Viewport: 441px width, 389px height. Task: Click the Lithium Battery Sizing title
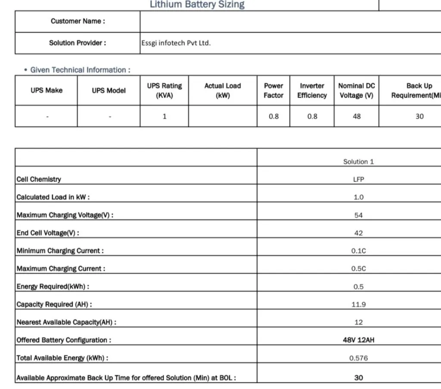pos(197,5)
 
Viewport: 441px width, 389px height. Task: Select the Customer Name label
pos(78,21)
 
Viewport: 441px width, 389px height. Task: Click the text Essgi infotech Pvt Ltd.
pos(176,43)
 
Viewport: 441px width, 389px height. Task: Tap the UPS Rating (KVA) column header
pos(164,90)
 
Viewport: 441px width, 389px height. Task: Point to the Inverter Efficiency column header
pos(312,90)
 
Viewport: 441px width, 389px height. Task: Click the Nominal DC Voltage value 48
pos(357,116)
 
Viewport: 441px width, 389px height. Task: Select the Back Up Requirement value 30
pos(419,116)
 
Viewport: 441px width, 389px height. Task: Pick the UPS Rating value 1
pos(164,116)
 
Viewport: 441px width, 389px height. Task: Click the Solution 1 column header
pos(358,162)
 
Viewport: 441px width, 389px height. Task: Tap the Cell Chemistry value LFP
pos(358,179)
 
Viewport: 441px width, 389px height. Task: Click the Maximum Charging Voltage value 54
pos(358,215)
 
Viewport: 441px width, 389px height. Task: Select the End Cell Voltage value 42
pos(358,233)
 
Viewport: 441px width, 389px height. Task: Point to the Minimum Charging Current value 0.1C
pos(358,251)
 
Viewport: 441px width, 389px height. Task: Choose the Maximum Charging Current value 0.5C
pos(358,269)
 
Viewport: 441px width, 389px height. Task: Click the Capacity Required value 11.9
pos(358,304)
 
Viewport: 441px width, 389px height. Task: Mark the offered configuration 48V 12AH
pos(358,340)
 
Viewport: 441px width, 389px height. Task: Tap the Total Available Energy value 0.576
pos(358,358)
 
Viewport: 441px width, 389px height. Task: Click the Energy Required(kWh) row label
pos(53,287)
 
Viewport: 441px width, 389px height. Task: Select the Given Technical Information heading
pos(80,70)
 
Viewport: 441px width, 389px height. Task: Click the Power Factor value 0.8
pos(273,116)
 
